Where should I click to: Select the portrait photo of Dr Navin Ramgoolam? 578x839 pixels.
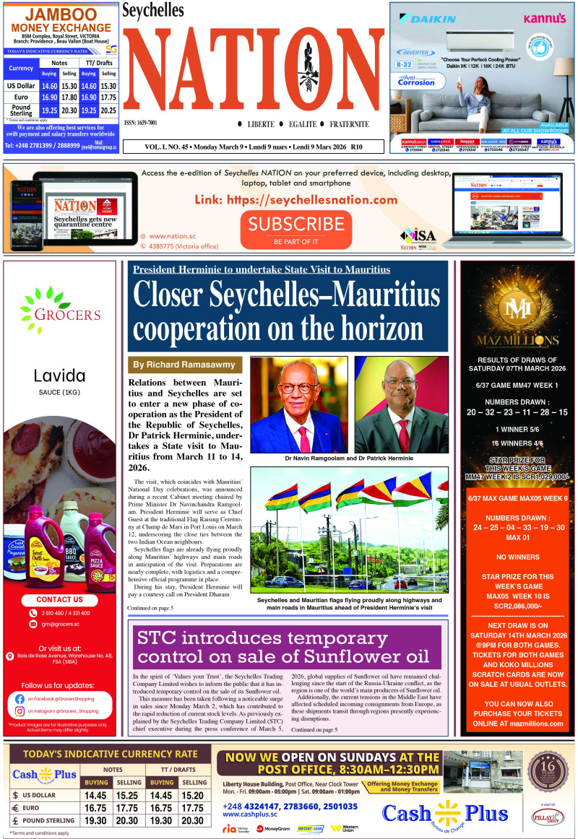pyautogui.click(x=298, y=404)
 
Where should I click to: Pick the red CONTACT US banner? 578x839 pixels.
pyautogui.click(x=59, y=599)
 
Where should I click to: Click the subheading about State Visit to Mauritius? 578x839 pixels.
pyautogui.click(x=261, y=269)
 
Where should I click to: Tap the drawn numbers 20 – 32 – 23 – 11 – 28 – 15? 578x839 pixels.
pyautogui.click(x=517, y=412)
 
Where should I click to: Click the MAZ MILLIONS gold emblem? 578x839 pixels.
pyautogui.click(x=517, y=307)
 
